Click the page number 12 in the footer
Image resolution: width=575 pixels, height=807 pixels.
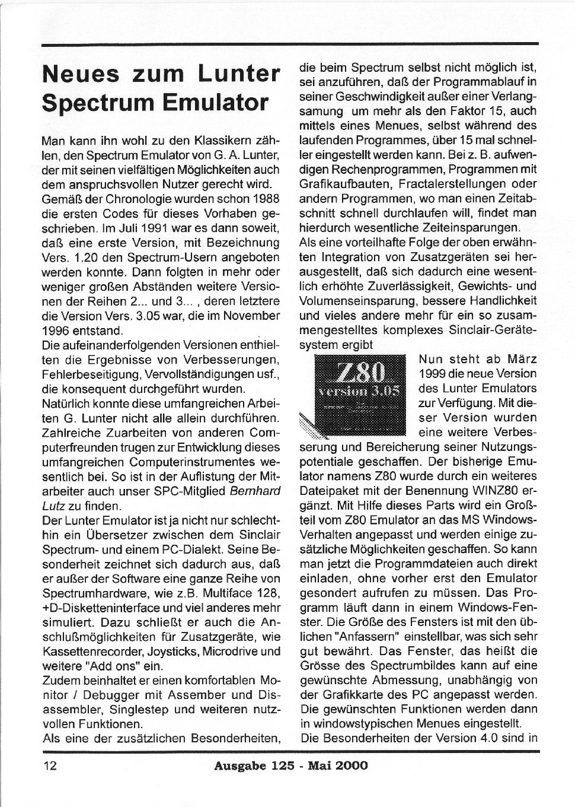pos(50,765)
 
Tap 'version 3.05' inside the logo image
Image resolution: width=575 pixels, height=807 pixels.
pos(360,392)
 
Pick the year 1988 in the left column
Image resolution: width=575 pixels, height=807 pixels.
pos(262,199)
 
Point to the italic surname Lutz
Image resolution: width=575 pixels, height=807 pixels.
pos(52,506)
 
